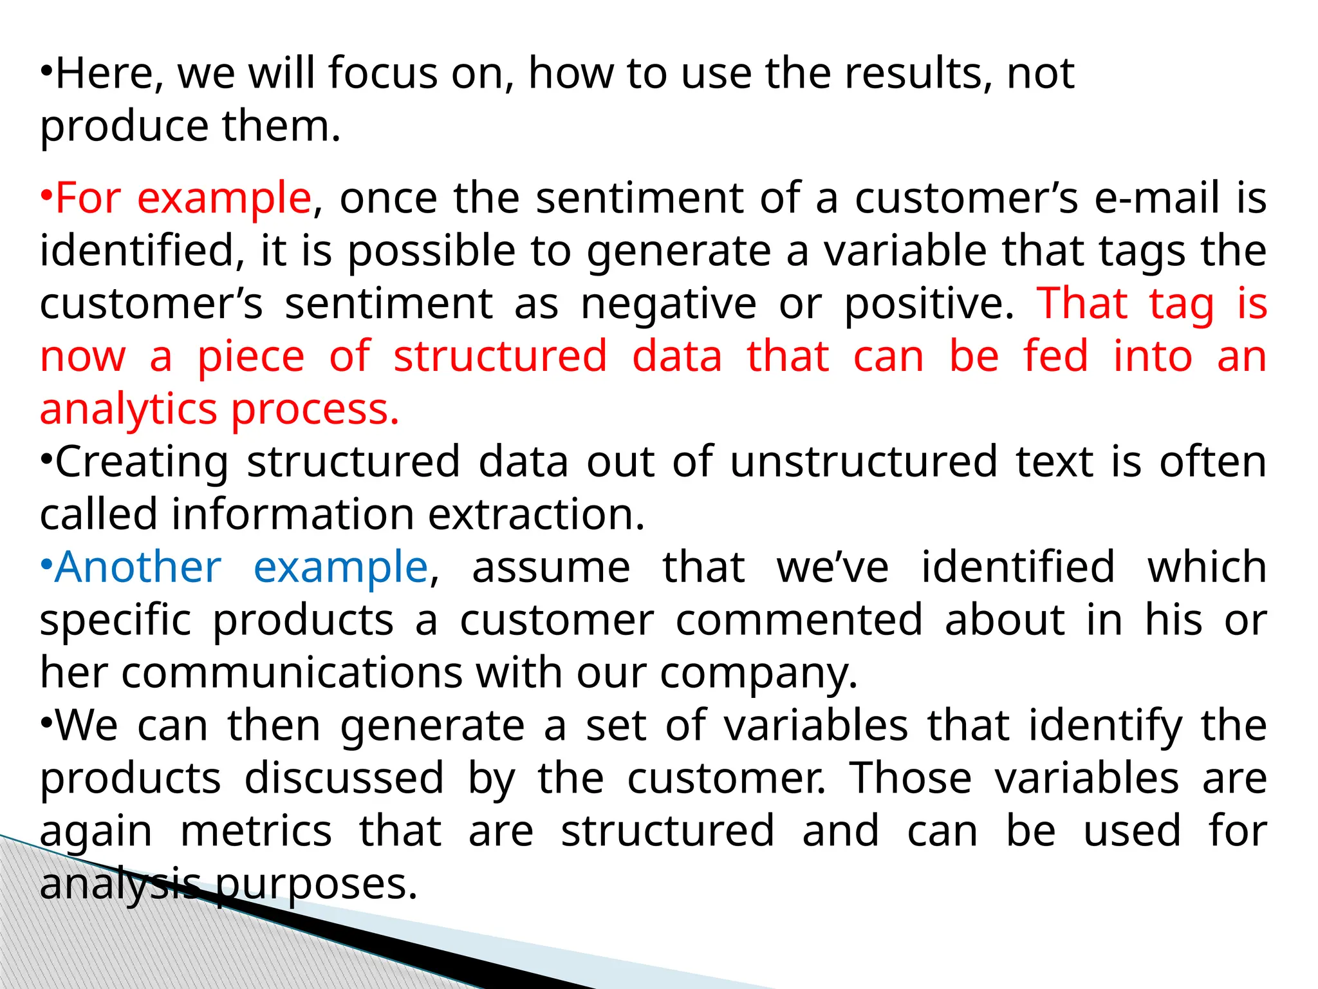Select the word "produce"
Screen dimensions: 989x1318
tap(124, 127)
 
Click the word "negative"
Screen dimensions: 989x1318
tap(669, 304)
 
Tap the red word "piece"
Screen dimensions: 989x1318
tap(250, 357)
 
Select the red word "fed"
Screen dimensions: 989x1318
tap(1055, 357)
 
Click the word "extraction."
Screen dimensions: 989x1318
tap(536, 515)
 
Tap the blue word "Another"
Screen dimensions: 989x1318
tap(138, 568)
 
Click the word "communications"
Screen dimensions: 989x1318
tap(292, 673)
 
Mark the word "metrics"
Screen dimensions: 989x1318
tap(256, 832)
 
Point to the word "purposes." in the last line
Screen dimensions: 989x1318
tap(316, 885)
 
